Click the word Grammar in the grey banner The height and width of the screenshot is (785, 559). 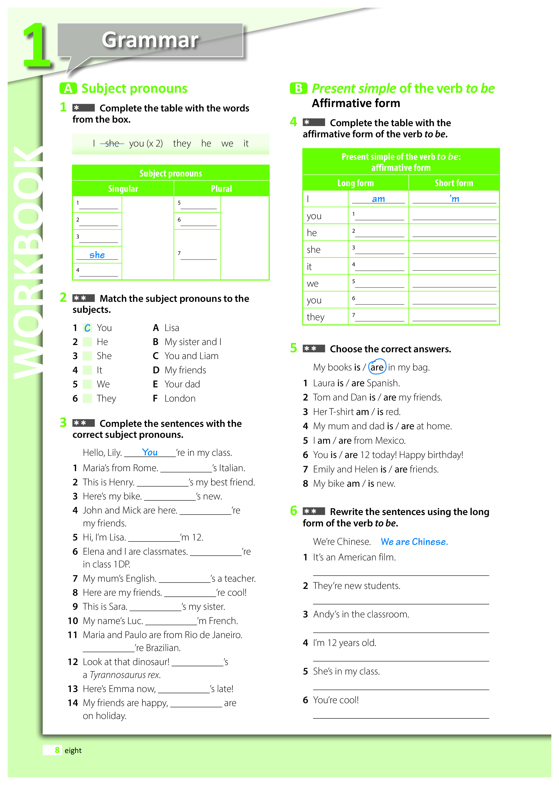pos(150,40)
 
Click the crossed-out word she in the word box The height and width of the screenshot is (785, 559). pos(112,143)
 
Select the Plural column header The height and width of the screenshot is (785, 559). pos(221,189)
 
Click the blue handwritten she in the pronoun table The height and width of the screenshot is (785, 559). pos(97,255)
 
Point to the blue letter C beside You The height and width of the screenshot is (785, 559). pos(87,328)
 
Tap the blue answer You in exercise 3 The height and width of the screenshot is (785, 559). pos(150,452)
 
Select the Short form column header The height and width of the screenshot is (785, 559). pos(454,183)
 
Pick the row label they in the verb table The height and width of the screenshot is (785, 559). pos(315,317)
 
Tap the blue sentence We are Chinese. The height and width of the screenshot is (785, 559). pos(414,542)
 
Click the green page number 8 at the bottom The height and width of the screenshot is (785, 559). pos(57,750)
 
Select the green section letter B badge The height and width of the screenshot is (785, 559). pos(298,89)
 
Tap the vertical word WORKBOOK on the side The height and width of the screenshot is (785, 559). pos(28,262)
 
